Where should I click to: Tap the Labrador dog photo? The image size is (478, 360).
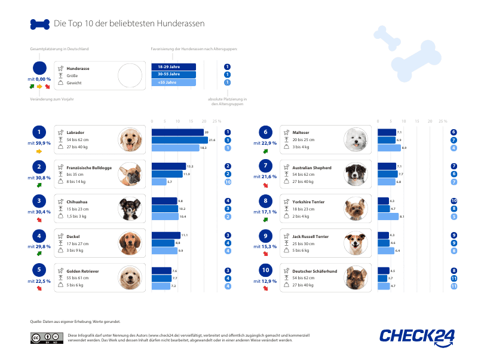click(x=130, y=140)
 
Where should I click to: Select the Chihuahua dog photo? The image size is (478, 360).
click(x=130, y=209)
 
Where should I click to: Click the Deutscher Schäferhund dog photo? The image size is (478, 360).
click(x=356, y=279)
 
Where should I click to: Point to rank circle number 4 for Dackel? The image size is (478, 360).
click(x=39, y=236)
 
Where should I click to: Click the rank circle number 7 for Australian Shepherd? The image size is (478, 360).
click(x=265, y=166)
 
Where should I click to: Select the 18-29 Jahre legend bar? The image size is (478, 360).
click(x=174, y=66)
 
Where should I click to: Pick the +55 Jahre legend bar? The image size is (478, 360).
click(x=174, y=83)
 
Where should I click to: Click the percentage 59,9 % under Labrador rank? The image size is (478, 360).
click(x=39, y=144)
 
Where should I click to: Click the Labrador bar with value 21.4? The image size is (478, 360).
click(x=177, y=140)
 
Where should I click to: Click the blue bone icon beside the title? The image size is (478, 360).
click(x=39, y=25)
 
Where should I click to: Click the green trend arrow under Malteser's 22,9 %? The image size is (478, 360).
click(x=265, y=151)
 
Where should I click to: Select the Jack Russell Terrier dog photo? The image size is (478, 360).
click(x=356, y=244)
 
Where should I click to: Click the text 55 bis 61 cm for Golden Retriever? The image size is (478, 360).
click(x=78, y=278)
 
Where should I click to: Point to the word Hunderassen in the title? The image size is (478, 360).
click(x=183, y=25)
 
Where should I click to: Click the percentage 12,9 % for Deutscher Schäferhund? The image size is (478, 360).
click(x=265, y=282)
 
